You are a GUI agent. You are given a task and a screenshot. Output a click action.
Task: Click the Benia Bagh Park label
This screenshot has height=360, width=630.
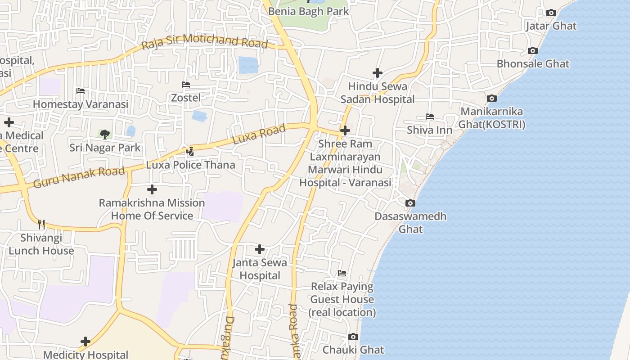click(x=308, y=11)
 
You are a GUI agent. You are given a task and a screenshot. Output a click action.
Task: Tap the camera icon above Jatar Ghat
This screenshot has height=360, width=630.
click(x=551, y=13)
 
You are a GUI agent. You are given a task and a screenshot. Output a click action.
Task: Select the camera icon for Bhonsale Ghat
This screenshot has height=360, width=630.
click(x=533, y=51)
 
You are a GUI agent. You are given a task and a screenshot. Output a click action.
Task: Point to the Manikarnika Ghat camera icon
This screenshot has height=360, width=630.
click(x=492, y=98)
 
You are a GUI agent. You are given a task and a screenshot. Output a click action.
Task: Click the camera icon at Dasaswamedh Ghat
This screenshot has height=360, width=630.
click(x=410, y=203)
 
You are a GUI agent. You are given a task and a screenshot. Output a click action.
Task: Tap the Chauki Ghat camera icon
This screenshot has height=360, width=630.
click(x=353, y=337)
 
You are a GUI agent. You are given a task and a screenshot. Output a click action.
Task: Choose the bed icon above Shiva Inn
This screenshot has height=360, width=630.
click(x=430, y=117)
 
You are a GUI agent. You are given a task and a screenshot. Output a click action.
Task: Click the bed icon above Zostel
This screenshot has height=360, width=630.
click(x=186, y=84)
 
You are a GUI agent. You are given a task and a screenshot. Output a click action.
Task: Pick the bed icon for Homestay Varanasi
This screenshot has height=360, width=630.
click(x=81, y=91)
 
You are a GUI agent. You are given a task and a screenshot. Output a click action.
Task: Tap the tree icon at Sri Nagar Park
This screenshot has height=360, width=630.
click(x=105, y=134)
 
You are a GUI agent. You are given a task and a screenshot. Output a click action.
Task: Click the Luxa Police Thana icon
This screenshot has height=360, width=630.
click(x=190, y=152)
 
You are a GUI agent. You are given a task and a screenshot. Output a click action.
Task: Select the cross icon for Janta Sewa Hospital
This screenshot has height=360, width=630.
click(x=260, y=249)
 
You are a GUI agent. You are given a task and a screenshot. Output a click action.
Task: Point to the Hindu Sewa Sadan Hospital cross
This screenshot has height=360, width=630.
click(x=378, y=72)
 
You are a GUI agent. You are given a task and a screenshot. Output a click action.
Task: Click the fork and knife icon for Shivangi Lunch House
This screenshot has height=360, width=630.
click(x=41, y=224)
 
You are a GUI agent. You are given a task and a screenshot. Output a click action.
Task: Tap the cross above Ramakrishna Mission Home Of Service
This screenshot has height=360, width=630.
click(x=152, y=189)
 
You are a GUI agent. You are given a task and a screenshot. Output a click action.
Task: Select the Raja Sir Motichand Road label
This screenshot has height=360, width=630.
click(x=205, y=42)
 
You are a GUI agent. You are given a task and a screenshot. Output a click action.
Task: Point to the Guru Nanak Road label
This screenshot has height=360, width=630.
click(x=79, y=177)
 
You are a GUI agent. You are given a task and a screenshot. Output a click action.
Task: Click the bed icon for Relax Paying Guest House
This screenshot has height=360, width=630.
click(x=342, y=273)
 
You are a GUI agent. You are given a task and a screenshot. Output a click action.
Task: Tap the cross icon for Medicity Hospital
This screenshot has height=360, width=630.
click(x=85, y=342)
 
